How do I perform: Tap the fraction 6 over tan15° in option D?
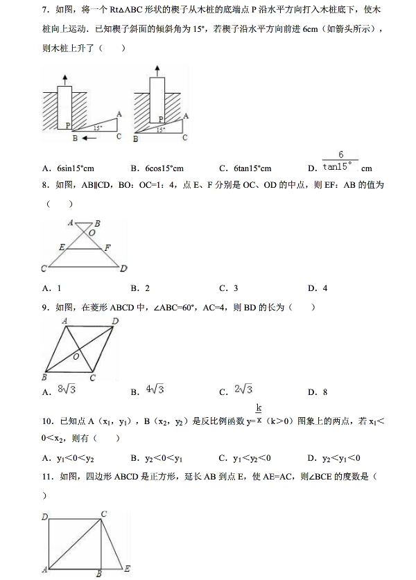[341, 161]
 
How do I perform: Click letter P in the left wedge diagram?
[68, 125]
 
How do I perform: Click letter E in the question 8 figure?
[62, 247]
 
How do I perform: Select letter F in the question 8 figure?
[107, 247]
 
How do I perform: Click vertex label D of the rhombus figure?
[115, 320]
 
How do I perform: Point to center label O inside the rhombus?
[76, 355]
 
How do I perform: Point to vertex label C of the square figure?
[103, 513]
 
